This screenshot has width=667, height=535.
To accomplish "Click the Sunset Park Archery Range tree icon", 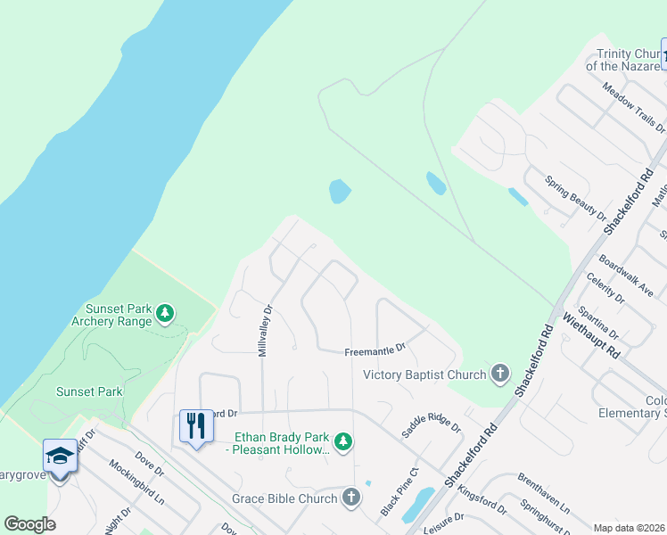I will (164, 313).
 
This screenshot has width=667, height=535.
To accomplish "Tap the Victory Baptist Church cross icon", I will (500, 374).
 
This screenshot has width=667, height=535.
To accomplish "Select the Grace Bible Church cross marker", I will (351, 498).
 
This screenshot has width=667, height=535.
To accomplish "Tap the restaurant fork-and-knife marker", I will (194, 425).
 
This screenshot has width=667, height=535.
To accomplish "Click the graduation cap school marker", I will (60, 456).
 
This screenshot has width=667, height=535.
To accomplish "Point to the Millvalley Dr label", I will (264, 331).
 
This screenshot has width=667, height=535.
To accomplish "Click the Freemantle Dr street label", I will (375, 351).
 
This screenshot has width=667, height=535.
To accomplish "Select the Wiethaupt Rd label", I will (589, 335).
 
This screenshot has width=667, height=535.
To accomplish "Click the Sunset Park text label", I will (89, 391).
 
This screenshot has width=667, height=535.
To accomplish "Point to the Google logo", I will (29, 524).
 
